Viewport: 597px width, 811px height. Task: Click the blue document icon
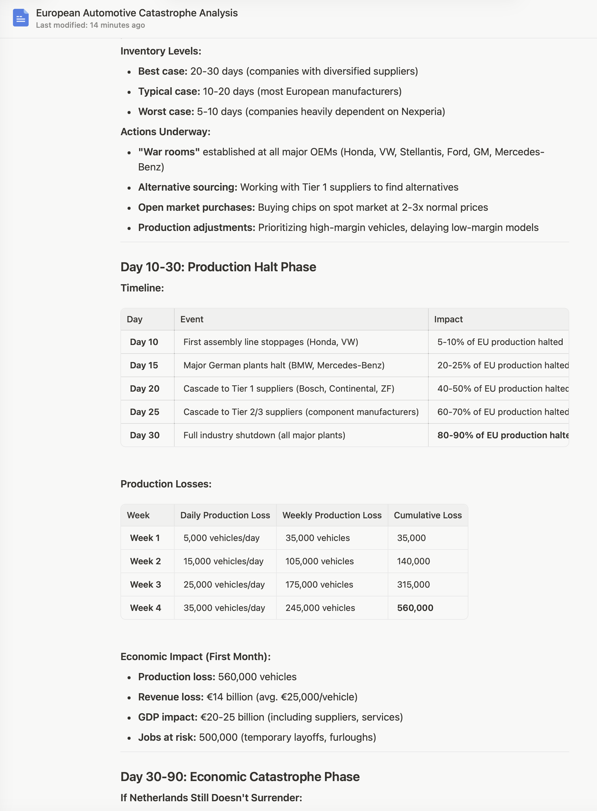point(20,18)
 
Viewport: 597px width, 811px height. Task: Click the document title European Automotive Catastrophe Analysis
point(136,13)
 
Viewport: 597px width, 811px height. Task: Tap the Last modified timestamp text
point(90,25)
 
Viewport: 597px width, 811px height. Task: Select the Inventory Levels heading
point(160,51)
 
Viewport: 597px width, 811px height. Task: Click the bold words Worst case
point(166,112)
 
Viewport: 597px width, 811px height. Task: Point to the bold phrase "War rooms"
point(169,152)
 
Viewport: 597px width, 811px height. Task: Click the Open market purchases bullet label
point(196,207)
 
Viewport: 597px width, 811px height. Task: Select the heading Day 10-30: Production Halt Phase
point(218,267)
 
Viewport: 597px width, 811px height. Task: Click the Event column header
point(192,319)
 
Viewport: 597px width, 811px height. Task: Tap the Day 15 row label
point(144,365)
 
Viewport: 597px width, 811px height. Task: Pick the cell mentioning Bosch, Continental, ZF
point(288,389)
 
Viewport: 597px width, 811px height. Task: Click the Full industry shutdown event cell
point(264,435)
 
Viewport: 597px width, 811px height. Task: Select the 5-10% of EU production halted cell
point(500,342)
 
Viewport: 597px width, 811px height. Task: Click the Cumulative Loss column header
point(427,515)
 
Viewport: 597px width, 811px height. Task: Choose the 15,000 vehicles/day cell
point(223,561)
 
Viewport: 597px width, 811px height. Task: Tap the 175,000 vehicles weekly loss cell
point(319,584)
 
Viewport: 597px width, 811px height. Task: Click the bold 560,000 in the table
point(415,608)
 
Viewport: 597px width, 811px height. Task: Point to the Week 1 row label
point(145,538)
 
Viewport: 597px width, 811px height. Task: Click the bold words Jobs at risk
point(167,737)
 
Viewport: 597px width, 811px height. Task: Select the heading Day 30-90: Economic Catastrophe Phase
point(240,777)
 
